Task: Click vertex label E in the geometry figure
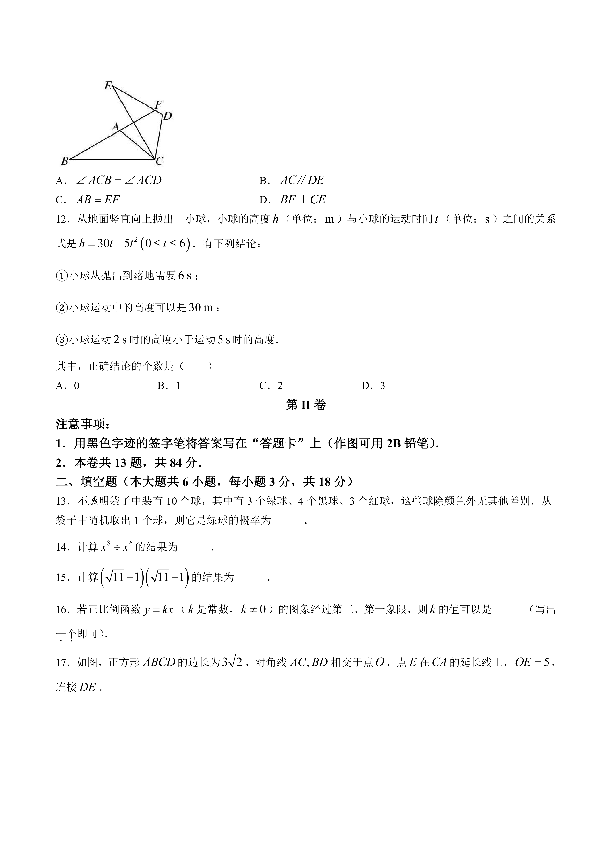coord(108,86)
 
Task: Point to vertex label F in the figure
coord(158,104)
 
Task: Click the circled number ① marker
coord(61,276)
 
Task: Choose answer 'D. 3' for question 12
coord(373,385)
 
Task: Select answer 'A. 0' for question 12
coord(68,385)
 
